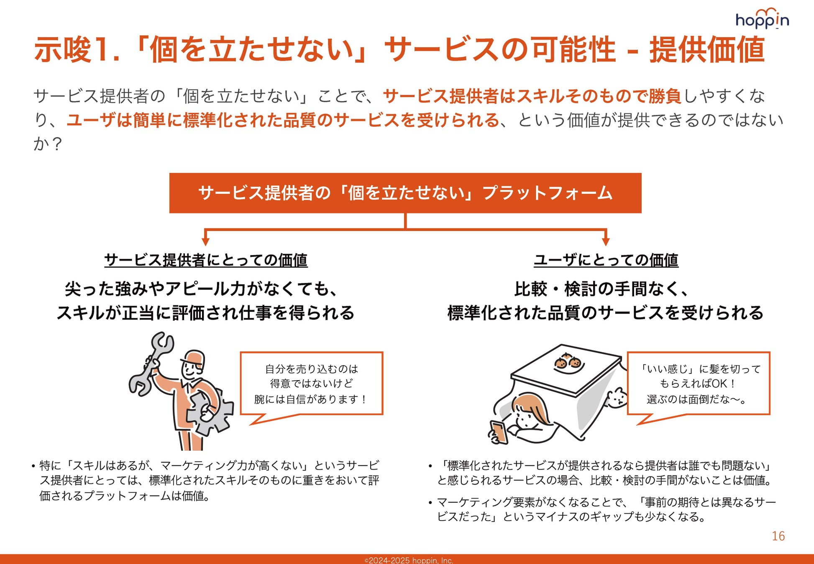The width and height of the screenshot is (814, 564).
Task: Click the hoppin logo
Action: [762, 19]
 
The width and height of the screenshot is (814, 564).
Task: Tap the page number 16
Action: [778, 536]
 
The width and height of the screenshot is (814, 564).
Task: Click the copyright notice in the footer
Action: [409, 560]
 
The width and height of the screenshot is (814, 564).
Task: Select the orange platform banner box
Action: [405, 193]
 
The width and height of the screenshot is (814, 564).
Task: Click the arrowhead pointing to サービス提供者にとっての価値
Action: [205, 241]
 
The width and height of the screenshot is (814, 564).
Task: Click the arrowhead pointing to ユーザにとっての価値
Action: [606, 241]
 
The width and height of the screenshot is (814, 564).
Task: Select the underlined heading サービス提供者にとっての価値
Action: [206, 260]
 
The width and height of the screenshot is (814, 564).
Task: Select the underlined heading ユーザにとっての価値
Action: [606, 260]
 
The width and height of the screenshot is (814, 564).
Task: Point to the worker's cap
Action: [193, 359]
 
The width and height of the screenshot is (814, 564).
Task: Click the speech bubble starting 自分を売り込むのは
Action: [312, 384]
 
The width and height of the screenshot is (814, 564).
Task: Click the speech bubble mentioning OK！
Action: [699, 384]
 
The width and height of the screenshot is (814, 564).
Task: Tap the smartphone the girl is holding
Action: [499, 432]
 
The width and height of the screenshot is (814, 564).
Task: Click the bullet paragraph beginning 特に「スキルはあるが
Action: [205, 480]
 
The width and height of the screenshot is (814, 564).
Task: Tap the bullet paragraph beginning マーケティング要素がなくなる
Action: [602, 509]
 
